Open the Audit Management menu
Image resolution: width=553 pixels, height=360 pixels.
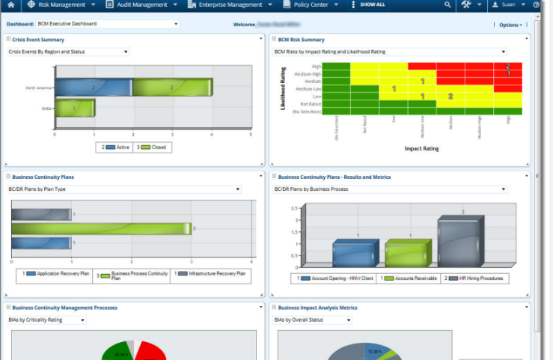[141, 4]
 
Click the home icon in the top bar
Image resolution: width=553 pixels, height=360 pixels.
[10, 4]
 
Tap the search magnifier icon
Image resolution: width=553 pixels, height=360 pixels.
[447, 4]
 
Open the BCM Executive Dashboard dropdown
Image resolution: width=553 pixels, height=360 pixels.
[108, 24]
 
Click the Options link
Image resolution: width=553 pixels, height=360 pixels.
[510, 25]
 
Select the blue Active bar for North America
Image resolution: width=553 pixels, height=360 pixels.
[94, 88]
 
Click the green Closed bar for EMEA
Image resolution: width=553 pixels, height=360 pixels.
[75, 109]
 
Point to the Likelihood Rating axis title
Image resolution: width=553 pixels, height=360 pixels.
[284, 91]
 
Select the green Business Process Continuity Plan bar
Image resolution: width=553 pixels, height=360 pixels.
[101, 228]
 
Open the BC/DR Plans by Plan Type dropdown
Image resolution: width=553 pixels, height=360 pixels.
[123, 189]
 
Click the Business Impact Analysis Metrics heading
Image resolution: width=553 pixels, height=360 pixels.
[317, 308]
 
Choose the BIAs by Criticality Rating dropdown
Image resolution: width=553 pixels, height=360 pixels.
[46, 320]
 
